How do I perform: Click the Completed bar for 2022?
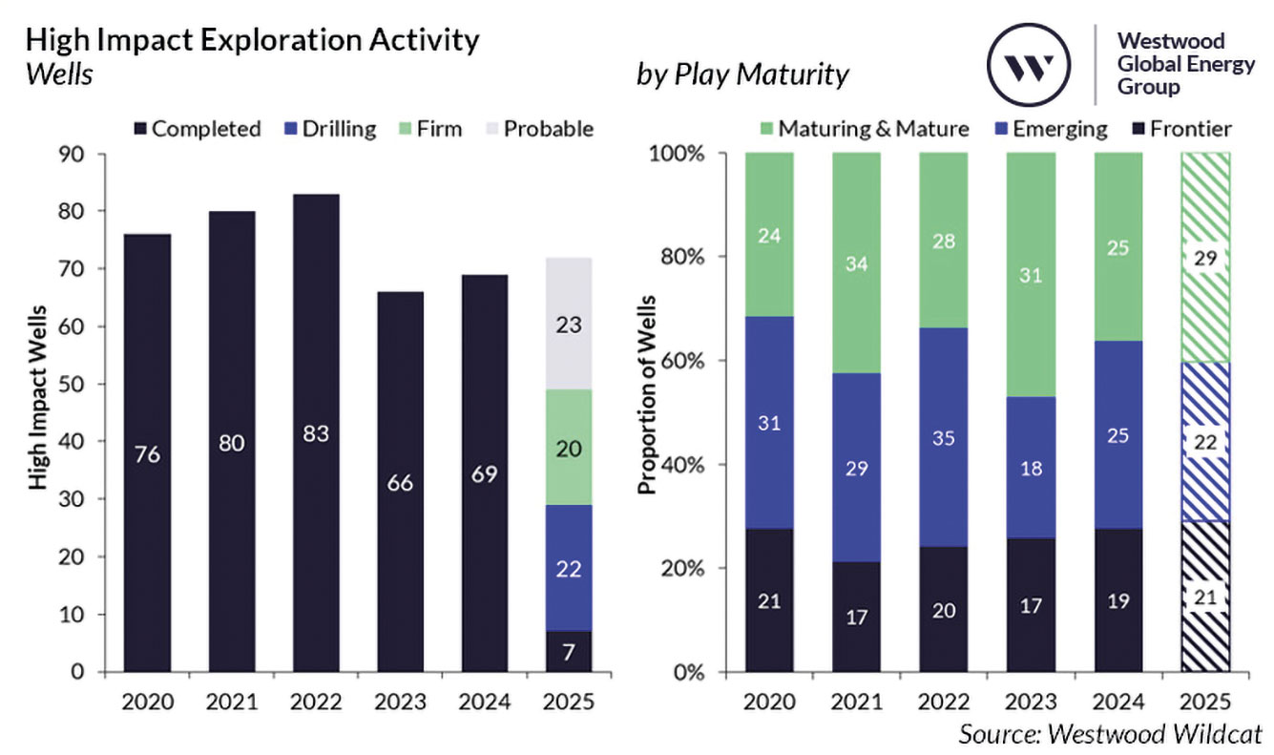pos(316,433)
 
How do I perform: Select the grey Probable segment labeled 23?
pos(569,324)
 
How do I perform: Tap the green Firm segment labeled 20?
pos(569,448)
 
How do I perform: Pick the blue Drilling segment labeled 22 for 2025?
pos(569,568)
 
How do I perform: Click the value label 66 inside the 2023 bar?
pos(400,483)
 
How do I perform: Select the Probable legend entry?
pos(540,129)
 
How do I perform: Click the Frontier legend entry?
pos(1181,129)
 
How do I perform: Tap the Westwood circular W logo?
pos(1029,65)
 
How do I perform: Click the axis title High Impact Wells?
pos(38,398)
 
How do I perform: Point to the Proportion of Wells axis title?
pos(647,395)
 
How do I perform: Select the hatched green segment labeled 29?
pos(1205,257)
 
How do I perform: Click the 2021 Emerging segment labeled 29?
pos(857,468)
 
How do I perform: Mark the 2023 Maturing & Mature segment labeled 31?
pos(1032,275)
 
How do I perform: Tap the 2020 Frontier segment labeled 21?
pos(769,600)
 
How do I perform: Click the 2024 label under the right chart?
pos(1118,702)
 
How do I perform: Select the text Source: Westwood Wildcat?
pos(1110,735)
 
